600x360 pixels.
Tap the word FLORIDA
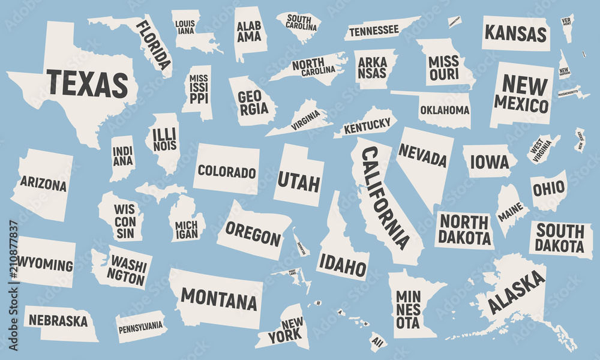tap(153, 44)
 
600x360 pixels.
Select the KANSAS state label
tap(516, 33)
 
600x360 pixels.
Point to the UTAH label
tap(298, 181)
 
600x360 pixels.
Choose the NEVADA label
tap(422, 156)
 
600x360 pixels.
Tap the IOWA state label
tap(490, 162)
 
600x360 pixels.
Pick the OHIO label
tap(548, 188)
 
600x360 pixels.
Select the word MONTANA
tap(218, 298)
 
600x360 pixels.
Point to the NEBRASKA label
tap(58, 320)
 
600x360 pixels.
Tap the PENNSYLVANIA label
tap(140, 326)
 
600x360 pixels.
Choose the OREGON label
tap(253, 233)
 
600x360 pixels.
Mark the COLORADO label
tap(227, 172)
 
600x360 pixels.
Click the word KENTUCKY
tap(366, 125)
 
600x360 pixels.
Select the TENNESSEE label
tap(374, 29)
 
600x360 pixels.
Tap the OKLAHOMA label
tap(445, 110)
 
